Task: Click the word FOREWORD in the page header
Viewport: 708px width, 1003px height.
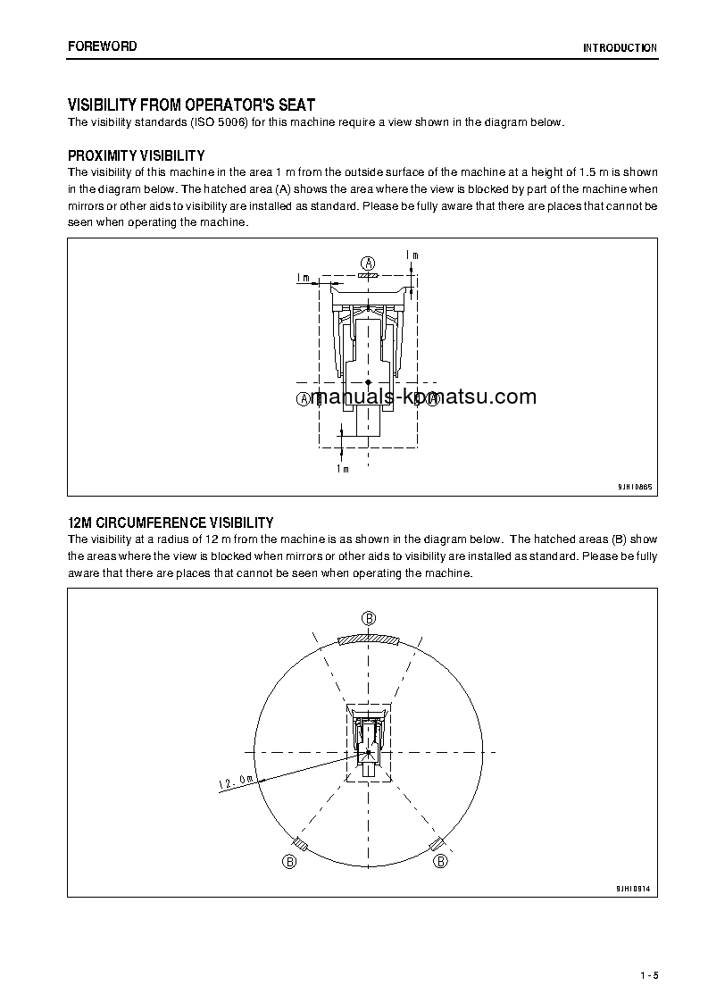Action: (102, 46)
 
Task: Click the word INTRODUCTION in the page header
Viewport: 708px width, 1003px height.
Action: (620, 48)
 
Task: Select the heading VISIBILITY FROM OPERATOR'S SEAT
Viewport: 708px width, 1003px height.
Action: (191, 105)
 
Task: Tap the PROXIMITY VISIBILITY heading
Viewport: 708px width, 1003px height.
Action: (136, 156)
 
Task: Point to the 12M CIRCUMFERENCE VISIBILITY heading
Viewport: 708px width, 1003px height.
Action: (171, 522)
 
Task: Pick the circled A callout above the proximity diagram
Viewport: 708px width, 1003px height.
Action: (368, 262)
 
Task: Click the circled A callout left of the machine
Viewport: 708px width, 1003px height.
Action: (303, 399)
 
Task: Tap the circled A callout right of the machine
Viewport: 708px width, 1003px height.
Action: (432, 399)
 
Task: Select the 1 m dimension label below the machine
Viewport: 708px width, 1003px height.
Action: (342, 468)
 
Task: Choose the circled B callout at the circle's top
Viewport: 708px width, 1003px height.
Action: (369, 618)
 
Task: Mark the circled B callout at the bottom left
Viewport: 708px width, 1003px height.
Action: (289, 861)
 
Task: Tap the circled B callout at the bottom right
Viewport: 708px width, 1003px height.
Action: (440, 861)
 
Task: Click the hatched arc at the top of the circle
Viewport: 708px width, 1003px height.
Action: (369, 638)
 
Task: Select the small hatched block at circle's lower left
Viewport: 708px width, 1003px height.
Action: (301, 845)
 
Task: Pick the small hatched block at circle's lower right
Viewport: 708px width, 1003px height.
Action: (437, 845)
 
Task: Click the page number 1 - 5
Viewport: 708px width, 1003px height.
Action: (649, 975)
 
